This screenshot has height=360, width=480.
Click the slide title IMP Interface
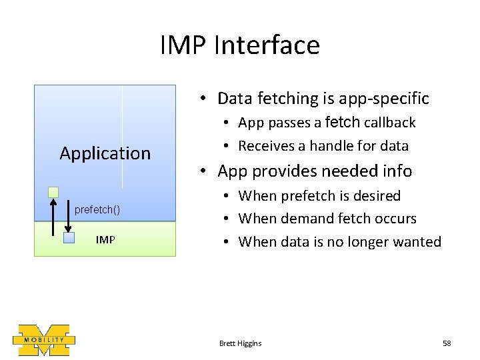click(x=240, y=45)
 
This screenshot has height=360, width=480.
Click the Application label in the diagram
click(x=105, y=153)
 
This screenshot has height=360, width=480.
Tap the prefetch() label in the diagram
click(x=97, y=210)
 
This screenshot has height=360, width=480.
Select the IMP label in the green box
click(x=105, y=239)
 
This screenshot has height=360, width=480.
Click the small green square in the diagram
click(x=53, y=192)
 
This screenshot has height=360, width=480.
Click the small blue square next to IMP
click(x=69, y=237)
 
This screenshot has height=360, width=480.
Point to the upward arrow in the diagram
click(x=53, y=217)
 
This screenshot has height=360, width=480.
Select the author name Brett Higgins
click(x=240, y=343)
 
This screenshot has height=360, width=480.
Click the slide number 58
click(x=447, y=343)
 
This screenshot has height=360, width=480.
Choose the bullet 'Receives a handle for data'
click(x=323, y=145)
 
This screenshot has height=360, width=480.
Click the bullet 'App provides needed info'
click(x=315, y=171)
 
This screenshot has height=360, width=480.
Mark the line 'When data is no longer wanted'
click(x=339, y=241)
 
